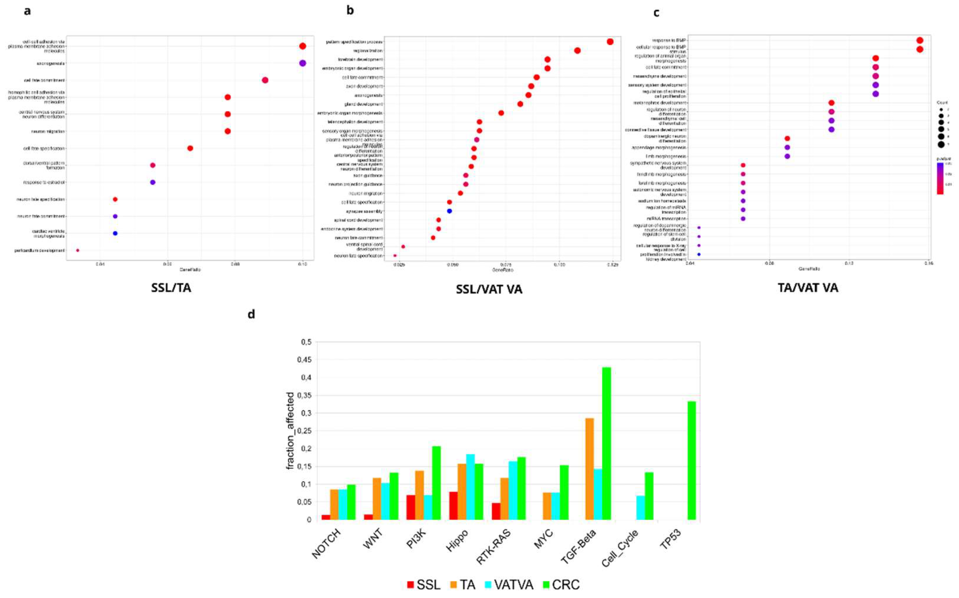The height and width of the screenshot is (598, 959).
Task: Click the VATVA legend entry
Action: point(508,585)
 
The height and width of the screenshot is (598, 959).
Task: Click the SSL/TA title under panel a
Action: point(171,288)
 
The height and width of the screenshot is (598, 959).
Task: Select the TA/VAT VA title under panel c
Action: point(808,288)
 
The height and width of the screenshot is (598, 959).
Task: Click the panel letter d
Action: point(251,315)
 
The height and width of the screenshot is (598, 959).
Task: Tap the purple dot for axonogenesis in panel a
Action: point(303,63)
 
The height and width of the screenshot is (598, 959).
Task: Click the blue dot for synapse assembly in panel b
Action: point(449,211)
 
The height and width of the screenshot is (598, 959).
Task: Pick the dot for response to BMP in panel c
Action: point(919,40)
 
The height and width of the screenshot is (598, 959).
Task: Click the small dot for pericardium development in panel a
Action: point(78,250)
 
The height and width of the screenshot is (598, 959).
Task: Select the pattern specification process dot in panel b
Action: point(610,42)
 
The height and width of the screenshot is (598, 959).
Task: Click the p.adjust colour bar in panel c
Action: point(940,178)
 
